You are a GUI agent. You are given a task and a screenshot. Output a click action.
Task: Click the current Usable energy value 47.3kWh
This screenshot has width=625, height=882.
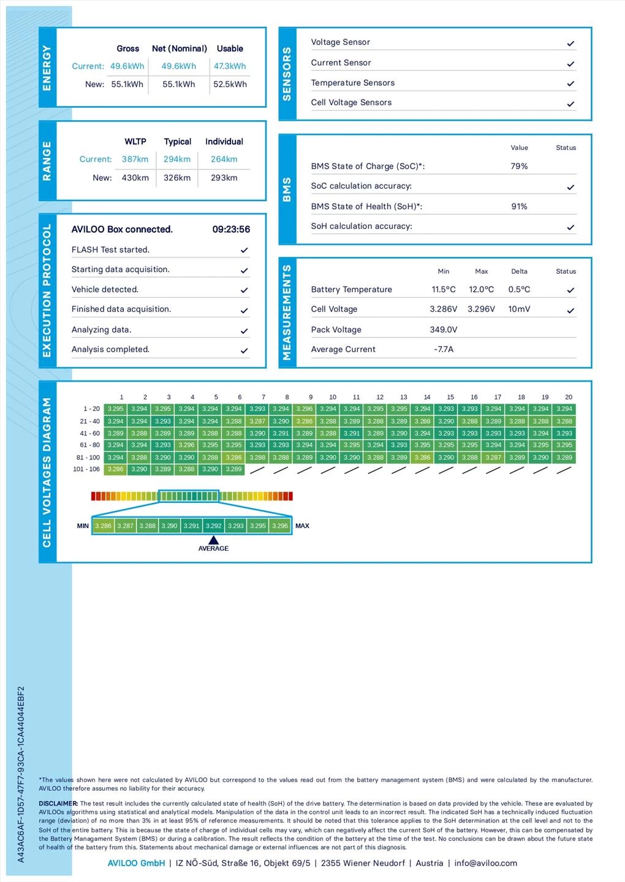click(230, 66)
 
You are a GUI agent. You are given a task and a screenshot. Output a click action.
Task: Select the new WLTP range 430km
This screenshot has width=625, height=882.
click(135, 178)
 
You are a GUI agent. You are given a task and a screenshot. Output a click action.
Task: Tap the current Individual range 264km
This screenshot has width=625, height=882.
click(224, 159)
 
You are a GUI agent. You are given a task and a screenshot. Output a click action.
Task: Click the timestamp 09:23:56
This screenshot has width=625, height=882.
click(231, 230)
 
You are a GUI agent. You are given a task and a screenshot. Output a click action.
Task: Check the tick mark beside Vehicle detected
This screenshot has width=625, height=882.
click(244, 290)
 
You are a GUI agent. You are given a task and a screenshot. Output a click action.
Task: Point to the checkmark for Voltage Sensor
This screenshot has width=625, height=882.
click(570, 43)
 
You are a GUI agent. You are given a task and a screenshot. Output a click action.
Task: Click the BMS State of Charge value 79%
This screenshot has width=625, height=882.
click(519, 166)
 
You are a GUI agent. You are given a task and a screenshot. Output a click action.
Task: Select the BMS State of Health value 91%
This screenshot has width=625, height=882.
click(519, 206)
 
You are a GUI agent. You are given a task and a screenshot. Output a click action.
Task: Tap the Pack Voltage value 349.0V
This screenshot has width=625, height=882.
click(444, 330)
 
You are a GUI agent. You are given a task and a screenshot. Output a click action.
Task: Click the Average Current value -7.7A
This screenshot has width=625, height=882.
click(444, 349)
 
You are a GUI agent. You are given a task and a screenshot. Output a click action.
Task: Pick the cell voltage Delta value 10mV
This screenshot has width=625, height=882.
click(519, 309)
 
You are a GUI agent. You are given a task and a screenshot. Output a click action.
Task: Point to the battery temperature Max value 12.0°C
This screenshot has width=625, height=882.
click(481, 290)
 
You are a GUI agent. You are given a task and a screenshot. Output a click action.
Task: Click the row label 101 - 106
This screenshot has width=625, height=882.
click(86, 469)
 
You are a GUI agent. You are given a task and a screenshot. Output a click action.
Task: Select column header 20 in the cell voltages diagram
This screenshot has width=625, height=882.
click(569, 397)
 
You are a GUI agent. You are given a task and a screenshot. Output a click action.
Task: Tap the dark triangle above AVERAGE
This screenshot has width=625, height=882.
click(213, 540)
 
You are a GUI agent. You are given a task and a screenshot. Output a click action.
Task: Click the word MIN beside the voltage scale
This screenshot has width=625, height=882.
click(83, 526)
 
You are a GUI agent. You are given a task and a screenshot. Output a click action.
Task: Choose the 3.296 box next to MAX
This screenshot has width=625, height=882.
click(279, 526)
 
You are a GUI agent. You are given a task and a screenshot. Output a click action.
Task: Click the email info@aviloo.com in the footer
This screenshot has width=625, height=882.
click(485, 863)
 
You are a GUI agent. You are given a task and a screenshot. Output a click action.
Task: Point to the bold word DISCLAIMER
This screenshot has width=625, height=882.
click(58, 804)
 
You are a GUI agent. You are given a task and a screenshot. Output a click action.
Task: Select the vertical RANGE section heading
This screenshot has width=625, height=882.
click(47, 161)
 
